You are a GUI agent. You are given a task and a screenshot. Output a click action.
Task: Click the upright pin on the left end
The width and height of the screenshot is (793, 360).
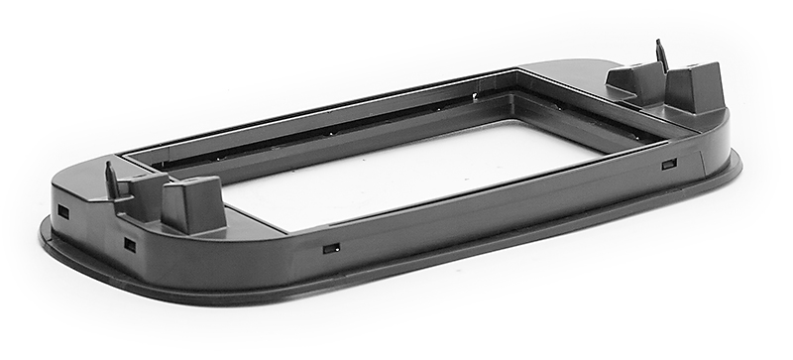pyautogui.click(x=112, y=180)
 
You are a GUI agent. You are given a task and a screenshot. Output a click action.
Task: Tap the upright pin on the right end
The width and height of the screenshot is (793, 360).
pyautogui.click(x=661, y=56)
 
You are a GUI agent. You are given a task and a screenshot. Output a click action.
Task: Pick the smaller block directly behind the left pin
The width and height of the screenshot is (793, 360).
pyautogui.click(x=144, y=187)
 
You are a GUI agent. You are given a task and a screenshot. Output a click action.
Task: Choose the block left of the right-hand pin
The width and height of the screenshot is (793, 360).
pyautogui.click(x=632, y=82)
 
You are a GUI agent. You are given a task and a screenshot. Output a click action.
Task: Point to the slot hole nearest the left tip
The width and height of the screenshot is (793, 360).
pyautogui.click(x=63, y=212)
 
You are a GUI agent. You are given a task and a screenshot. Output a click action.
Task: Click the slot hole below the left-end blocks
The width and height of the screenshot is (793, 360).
pyautogui.click(x=129, y=243)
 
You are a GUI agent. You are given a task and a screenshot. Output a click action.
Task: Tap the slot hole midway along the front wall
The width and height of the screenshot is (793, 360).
pyautogui.click(x=330, y=247)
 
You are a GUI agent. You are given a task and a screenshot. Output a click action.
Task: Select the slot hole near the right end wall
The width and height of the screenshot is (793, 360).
pyautogui.click(x=669, y=163)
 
